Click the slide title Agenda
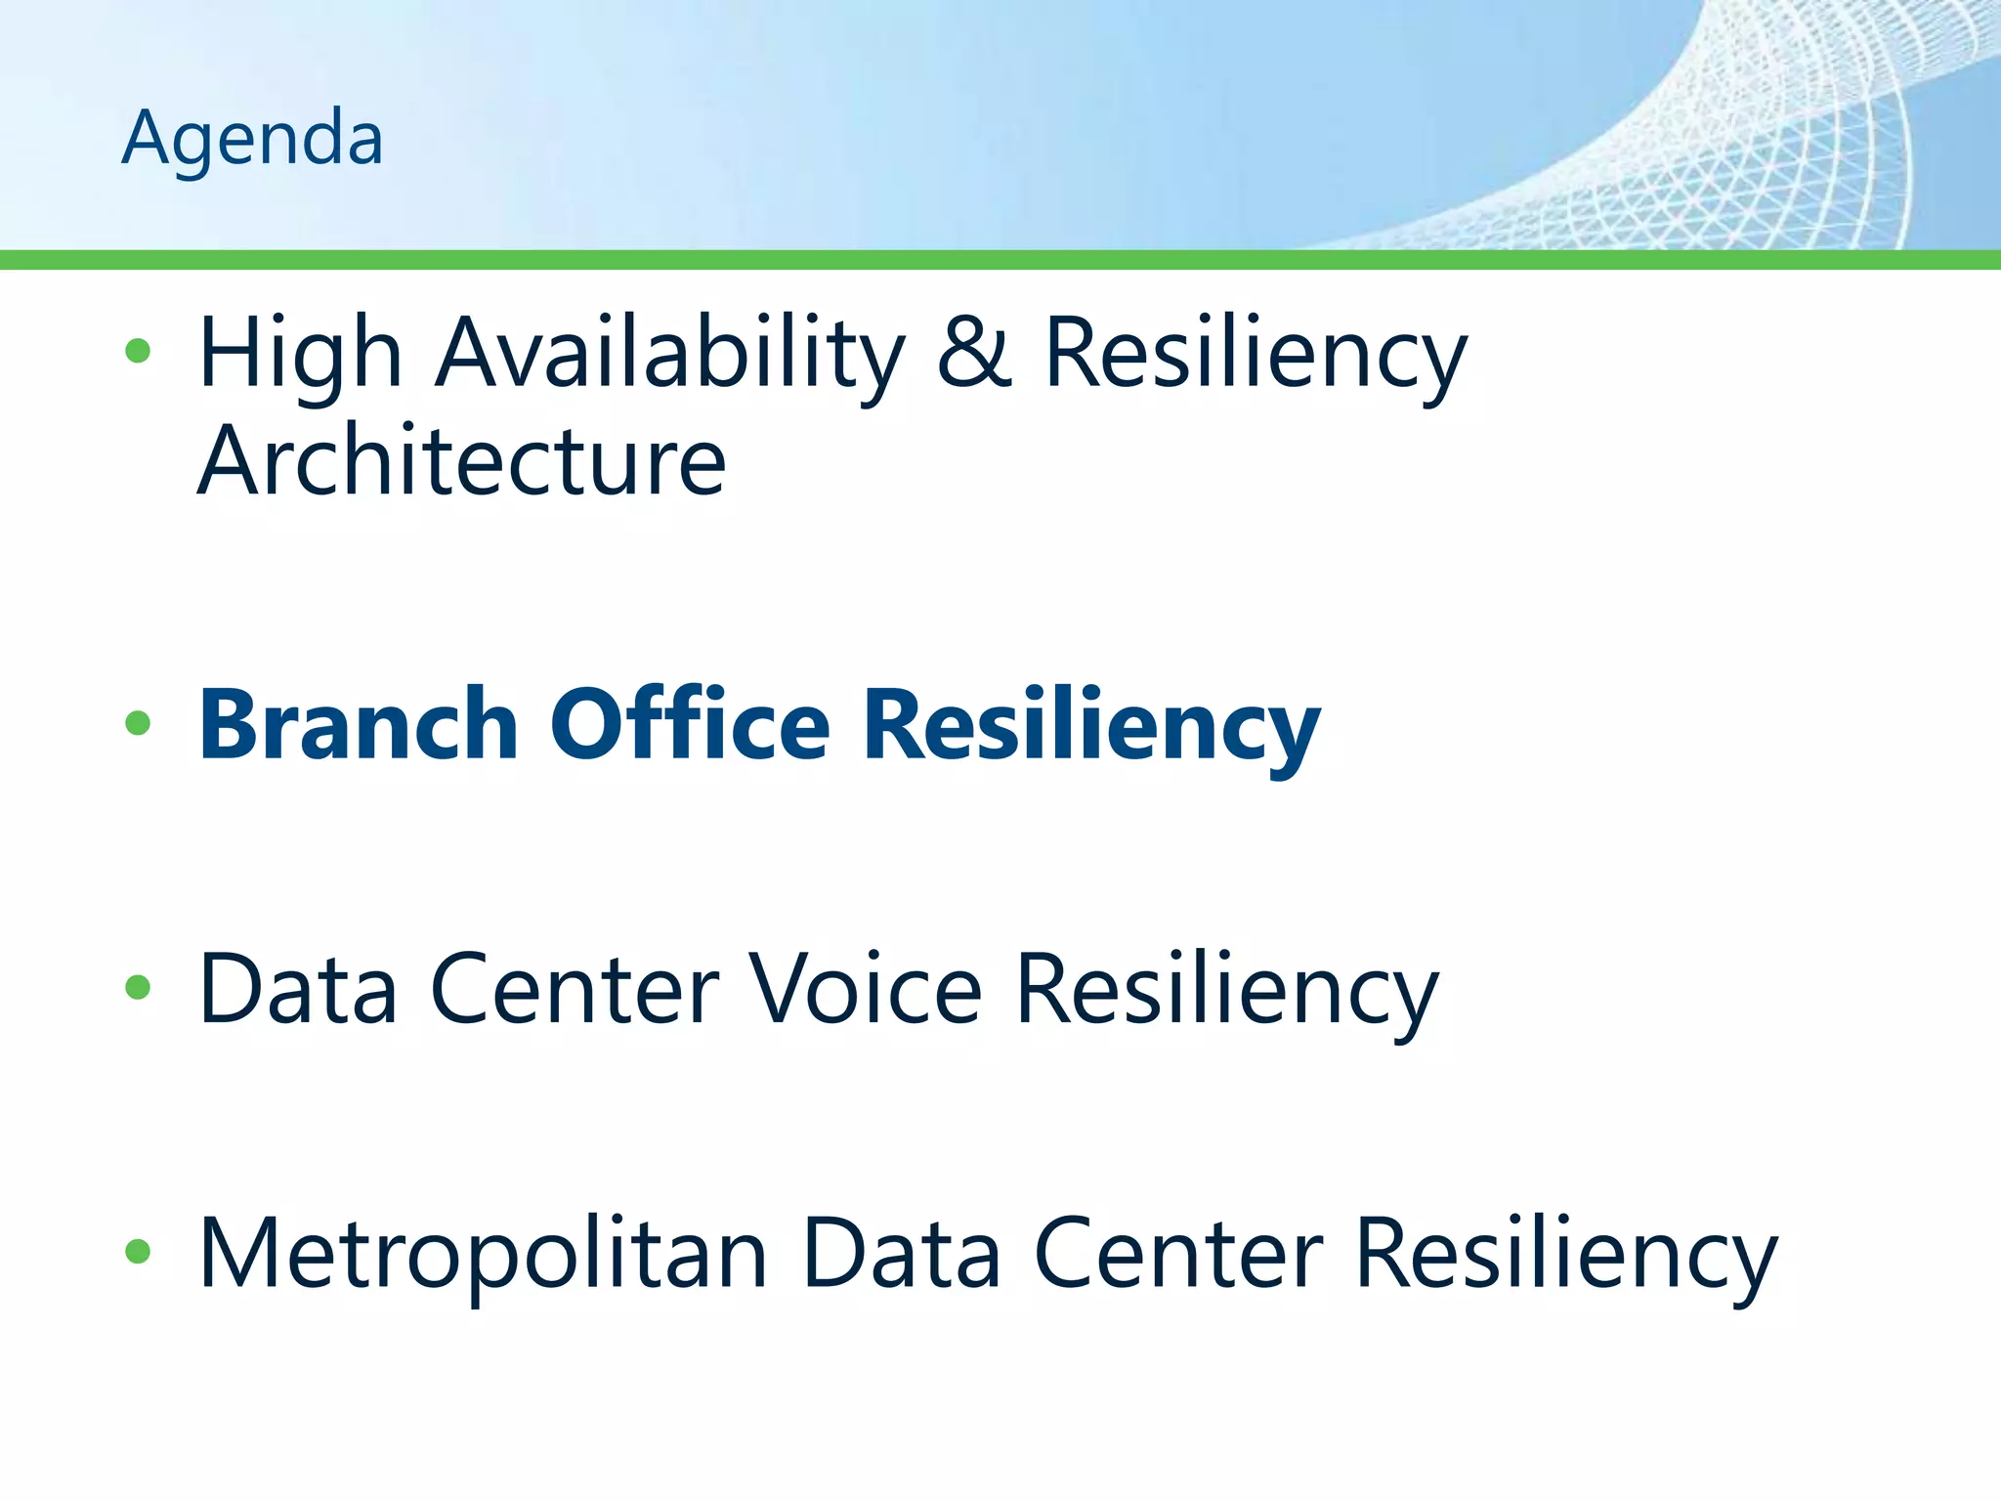click(x=252, y=139)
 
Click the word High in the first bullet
click(x=300, y=354)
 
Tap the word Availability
click(x=670, y=354)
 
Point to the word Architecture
click(x=461, y=461)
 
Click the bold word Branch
click(x=359, y=725)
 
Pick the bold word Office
click(x=690, y=725)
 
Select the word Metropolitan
click(x=483, y=1254)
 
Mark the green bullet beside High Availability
click(x=138, y=351)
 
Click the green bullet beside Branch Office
click(x=138, y=723)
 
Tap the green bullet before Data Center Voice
click(x=138, y=987)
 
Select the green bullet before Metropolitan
click(x=138, y=1251)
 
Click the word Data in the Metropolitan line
click(x=901, y=1254)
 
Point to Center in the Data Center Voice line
click(x=575, y=990)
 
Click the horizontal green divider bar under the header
click(x=1000, y=260)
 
